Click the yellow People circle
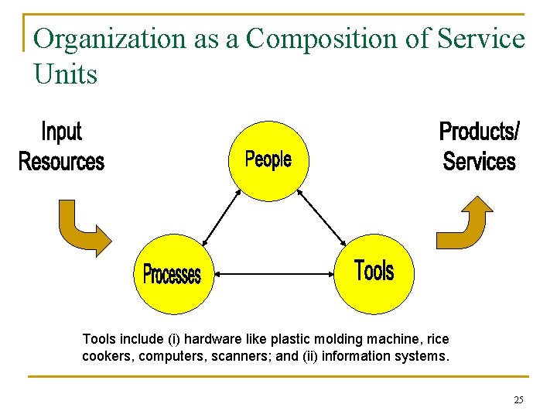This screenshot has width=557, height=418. [268, 160]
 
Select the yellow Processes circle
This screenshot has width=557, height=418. [172, 273]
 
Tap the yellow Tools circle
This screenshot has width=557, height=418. [374, 272]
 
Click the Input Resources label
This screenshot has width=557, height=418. [60, 146]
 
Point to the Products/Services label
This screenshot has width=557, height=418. [479, 146]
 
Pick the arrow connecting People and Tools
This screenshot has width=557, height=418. [322, 216]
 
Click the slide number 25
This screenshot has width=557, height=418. [518, 400]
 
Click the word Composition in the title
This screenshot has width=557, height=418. [305, 39]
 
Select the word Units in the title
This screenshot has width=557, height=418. [66, 74]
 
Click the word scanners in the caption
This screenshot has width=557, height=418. [251, 357]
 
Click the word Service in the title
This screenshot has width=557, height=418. [480, 39]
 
